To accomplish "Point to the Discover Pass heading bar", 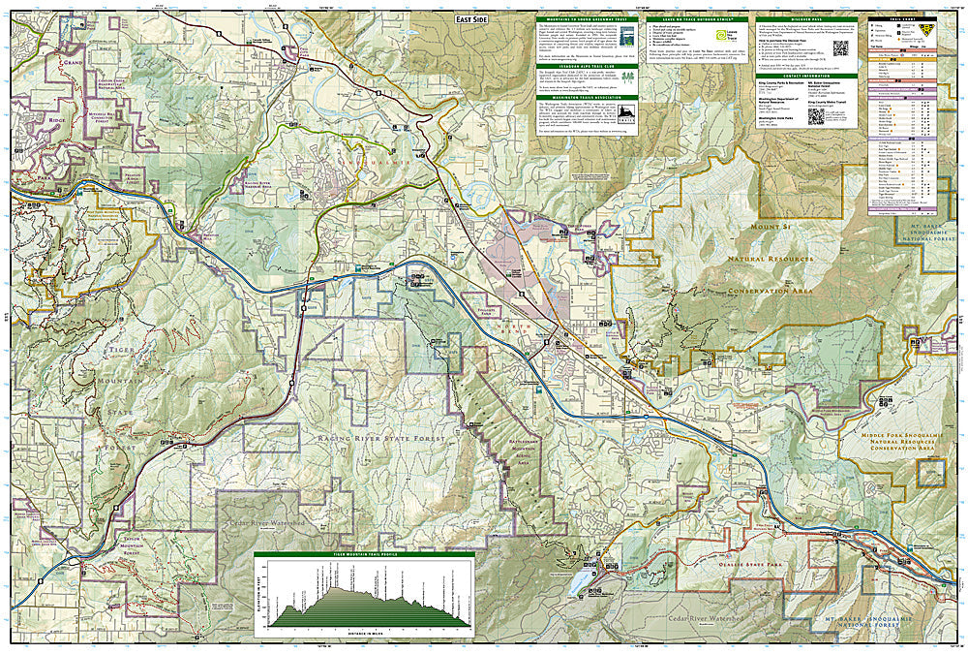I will (806, 18).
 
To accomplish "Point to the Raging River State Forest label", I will (380, 439).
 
